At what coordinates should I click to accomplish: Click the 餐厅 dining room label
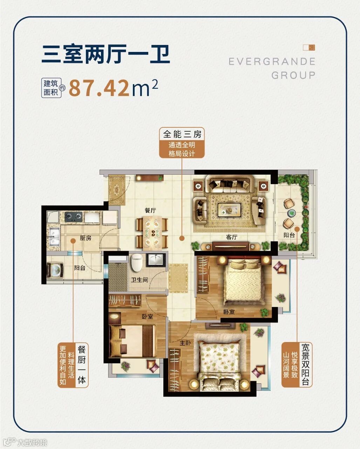click(x=150, y=210)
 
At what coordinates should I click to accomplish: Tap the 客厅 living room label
click(x=231, y=237)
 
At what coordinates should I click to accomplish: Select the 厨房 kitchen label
click(x=86, y=238)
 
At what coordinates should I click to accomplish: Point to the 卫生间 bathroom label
click(x=139, y=280)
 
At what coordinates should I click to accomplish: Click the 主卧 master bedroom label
click(x=185, y=343)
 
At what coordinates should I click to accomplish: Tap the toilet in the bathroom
click(x=137, y=262)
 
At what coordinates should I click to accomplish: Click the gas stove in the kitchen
click(x=73, y=217)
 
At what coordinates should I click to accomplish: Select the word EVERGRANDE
click(x=272, y=61)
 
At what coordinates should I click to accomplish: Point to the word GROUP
click(x=293, y=75)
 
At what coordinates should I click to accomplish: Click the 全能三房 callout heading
click(x=182, y=134)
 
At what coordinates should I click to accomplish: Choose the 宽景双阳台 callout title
click(x=305, y=364)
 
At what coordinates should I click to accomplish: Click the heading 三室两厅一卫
click(x=106, y=54)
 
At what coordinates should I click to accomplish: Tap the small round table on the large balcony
click(x=291, y=213)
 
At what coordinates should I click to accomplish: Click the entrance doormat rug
click(x=117, y=190)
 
